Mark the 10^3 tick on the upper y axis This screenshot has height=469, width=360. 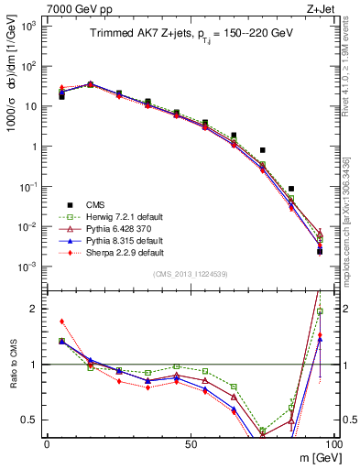(29, 26)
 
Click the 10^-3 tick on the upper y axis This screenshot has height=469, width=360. (29, 267)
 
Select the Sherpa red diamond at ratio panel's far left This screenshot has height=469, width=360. (61, 322)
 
